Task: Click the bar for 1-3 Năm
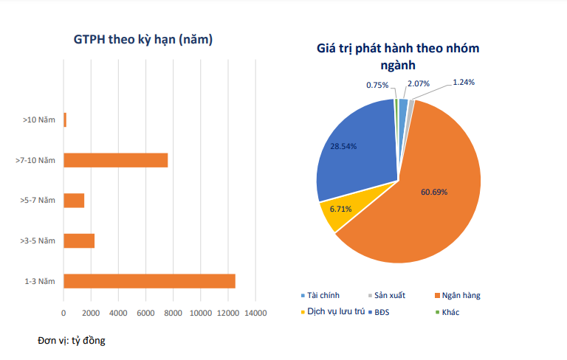click(149, 280)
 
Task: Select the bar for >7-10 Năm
click(116, 160)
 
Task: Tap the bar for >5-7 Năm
click(74, 200)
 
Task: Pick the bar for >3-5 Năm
click(79, 240)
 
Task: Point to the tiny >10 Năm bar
click(65, 120)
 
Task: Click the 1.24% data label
click(464, 82)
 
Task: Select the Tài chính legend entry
click(325, 295)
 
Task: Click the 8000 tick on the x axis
click(173, 313)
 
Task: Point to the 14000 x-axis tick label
click(255, 313)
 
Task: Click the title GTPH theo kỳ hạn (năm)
click(143, 40)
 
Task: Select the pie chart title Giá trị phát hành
click(398, 57)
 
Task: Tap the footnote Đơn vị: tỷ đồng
click(72, 340)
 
